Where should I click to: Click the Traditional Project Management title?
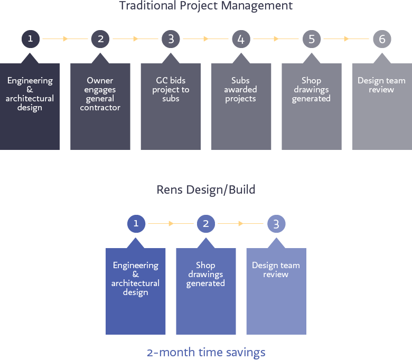tap(206, 6)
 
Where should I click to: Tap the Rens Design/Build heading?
tap(206, 190)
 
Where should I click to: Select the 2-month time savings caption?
tap(206, 353)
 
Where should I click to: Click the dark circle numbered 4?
tap(241, 39)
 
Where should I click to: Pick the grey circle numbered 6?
tap(382, 39)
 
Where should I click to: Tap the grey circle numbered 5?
tap(311, 39)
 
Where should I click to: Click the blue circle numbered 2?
tap(206, 224)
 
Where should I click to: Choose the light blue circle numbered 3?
tap(276, 224)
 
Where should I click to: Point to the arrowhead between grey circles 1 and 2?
tap(65, 39)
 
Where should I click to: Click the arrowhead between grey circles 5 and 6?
tap(347, 39)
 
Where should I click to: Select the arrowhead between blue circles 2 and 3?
tap(241, 223)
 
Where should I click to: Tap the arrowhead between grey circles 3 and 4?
tap(206, 39)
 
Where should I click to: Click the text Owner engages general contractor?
tap(100, 94)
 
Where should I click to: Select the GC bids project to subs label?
tap(171, 90)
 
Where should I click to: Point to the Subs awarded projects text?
tap(240, 90)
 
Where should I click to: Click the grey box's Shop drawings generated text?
tap(311, 90)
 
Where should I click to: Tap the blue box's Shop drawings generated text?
tap(206, 274)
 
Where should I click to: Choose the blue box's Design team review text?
tap(276, 270)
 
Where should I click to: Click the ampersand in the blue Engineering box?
tap(136, 274)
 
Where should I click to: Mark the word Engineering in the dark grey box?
tap(30, 81)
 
